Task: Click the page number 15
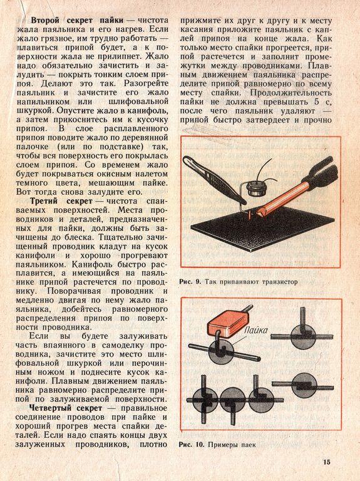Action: coord(327,462)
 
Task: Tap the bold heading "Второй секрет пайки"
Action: coord(77,20)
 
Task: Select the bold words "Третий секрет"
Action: coord(61,201)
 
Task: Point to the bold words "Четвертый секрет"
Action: coord(66,408)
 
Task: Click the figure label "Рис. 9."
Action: coord(190,282)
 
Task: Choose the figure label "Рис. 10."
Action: coord(192,445)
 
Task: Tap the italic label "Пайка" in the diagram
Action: coord(255,331)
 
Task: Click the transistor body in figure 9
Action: coord(256,188)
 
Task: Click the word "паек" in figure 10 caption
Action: coord(249,445)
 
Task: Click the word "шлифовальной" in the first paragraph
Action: coord(138,101)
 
